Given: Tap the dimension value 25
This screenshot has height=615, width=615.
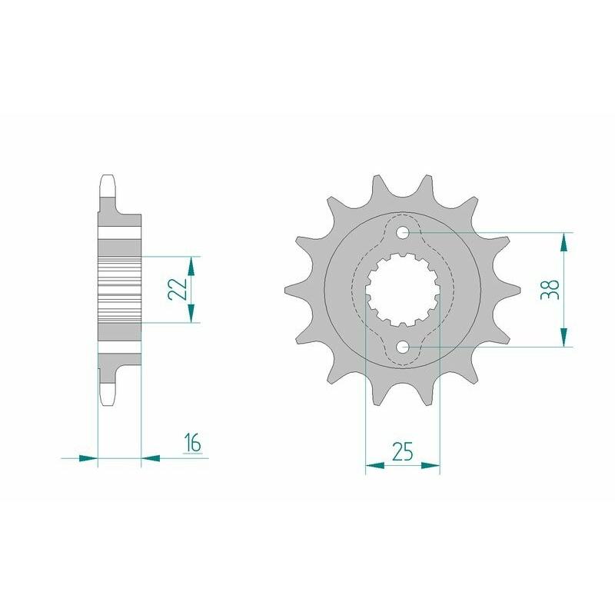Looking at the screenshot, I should (401, 451).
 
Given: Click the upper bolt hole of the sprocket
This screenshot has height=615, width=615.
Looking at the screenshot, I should (403, 231).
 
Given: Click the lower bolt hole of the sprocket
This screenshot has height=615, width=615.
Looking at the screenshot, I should (403, 347).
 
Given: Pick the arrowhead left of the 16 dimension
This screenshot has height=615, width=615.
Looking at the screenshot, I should (89, 458).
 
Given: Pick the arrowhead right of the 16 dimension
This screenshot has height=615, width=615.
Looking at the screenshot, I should (151, 458).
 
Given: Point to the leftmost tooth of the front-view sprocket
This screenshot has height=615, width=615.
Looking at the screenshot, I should (291, 289).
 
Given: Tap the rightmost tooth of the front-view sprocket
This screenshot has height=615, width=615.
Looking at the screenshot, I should (514, 289).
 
